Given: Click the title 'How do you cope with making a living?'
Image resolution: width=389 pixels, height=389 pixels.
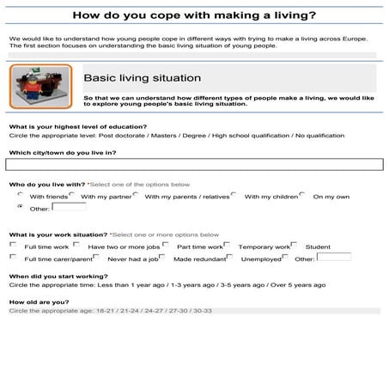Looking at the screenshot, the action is click(194, 15).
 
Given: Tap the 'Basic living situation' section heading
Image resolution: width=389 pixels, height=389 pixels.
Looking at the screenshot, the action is click(143, 78).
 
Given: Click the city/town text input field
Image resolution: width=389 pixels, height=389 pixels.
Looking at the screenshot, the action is click(194, 165).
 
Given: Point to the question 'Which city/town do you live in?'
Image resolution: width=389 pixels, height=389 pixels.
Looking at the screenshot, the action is click(62, 152).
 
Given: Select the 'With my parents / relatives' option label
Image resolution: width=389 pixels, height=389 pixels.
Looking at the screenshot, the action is click(188, 197).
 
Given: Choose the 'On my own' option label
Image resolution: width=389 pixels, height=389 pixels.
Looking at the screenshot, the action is click(331, 197).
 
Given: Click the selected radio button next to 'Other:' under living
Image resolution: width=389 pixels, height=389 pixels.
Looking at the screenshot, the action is click(20, 207).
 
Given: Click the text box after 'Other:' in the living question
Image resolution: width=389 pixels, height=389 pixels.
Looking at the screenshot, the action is click(69, 207).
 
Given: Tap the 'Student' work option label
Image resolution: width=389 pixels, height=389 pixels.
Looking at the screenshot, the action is click(318, 246).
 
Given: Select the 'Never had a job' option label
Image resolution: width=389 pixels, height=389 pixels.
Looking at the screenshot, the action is click(133, 258).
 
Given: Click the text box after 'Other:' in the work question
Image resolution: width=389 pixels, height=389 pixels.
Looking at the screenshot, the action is click(333, 257).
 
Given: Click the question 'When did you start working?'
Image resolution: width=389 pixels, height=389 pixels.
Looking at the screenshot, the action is click(58, 275).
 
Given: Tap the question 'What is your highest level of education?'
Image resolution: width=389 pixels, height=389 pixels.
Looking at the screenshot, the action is click(77, 126).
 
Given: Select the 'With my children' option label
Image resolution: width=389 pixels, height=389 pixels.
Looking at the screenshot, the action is click(270, 197).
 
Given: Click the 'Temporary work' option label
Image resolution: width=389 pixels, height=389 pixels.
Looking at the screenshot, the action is click(264, 246).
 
